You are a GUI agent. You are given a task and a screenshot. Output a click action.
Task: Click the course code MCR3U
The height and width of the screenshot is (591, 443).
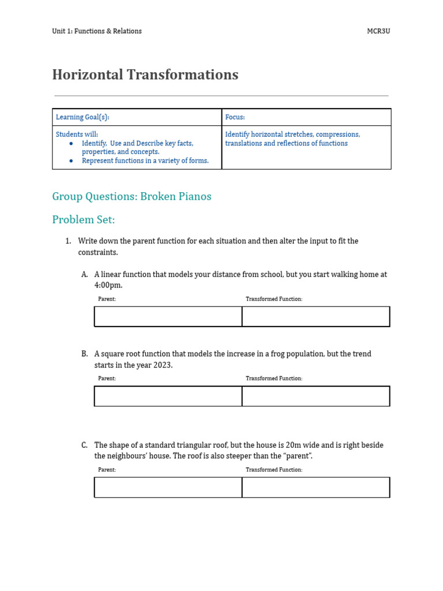tap(378, 31)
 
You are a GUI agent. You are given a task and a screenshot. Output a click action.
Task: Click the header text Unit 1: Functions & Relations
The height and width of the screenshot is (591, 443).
tap(96, 31)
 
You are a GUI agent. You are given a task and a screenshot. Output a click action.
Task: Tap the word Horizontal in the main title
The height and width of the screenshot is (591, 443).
tap(85, 75)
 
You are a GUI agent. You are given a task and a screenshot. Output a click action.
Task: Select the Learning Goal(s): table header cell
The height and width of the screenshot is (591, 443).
tap(137, 117)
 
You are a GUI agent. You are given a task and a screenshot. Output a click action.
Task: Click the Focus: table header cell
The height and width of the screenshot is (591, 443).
tap(306, 117)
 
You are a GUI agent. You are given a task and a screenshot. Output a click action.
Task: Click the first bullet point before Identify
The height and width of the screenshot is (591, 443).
tap(71, 143)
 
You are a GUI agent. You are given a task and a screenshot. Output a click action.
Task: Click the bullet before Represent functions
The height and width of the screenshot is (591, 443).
tap(71, 161)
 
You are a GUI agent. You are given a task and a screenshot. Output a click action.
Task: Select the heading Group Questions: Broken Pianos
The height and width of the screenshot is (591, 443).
tap(132, 196)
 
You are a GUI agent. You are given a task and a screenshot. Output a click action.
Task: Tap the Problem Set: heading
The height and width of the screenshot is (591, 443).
tap(84, 220)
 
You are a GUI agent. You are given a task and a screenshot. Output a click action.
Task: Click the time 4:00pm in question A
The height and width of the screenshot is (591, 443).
tap(108, 286)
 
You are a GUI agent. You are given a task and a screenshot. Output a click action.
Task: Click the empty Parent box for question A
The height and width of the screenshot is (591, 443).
tap(168, 317)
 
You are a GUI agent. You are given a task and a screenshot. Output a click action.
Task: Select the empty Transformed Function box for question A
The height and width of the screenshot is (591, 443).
tap(316, 317)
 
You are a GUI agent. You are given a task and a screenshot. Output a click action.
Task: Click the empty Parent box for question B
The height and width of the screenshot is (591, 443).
tap(168, 397)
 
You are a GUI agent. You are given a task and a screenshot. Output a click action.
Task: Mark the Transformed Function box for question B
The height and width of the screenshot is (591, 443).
tap(316, 397)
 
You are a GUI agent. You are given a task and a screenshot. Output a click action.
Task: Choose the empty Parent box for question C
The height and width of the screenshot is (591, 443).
tap(168, 488)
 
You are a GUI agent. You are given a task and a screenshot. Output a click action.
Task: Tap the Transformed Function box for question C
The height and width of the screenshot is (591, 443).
tap(316, 488)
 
